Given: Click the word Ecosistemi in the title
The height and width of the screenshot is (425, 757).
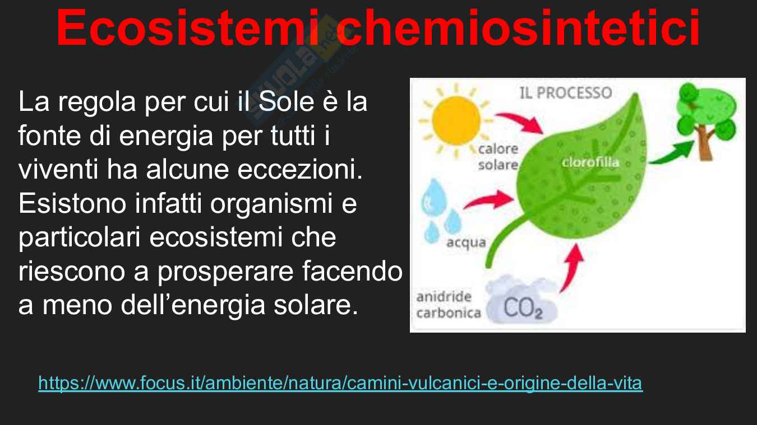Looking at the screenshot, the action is [187, 27].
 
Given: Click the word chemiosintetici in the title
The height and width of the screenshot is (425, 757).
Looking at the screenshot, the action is [521, 27].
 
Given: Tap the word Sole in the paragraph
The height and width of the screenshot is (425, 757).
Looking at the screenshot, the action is [286, 101].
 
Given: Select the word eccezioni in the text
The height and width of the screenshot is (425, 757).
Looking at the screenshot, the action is [300, 169].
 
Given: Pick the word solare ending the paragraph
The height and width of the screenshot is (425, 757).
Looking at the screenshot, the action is [316, 305].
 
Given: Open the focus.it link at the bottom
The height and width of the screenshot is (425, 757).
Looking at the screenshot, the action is [340, 384].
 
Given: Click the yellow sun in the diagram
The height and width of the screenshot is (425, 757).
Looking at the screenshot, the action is [456, 120].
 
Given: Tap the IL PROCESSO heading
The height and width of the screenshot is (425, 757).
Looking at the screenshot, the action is [566, 93].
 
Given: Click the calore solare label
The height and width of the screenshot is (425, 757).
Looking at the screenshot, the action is [498, 157].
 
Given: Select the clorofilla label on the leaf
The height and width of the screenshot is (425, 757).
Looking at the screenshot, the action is [590, 162].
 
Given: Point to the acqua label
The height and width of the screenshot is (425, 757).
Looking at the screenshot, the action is [466, 242].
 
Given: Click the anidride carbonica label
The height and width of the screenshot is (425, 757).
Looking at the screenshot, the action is [449, 305].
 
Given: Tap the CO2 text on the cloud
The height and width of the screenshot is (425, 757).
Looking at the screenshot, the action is [523, 308].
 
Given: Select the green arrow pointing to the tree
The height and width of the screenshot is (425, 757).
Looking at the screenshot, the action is [671, 154].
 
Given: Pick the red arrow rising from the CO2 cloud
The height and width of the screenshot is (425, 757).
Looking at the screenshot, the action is [572, 268].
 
